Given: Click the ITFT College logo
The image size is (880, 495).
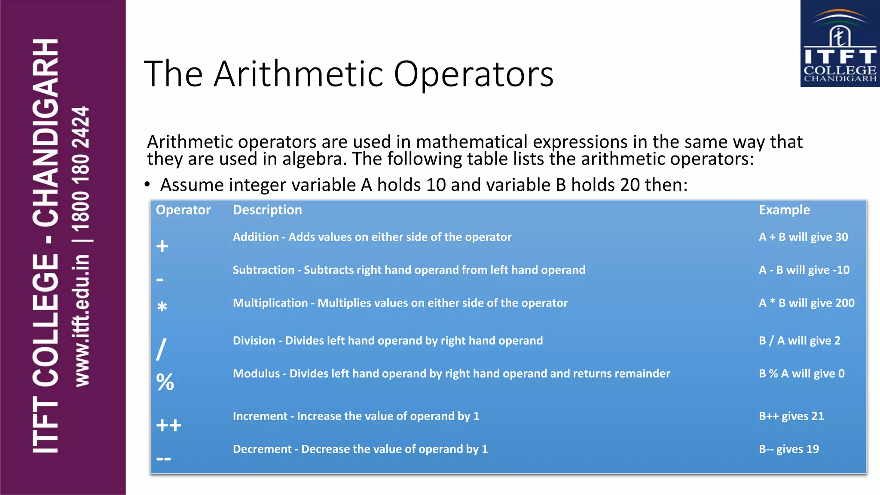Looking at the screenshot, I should click(840, 43).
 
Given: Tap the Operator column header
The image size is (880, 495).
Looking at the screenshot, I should click(183, 210).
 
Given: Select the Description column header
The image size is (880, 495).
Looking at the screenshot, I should click(267, 210).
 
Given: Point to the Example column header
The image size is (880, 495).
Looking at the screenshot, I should click(784, 210).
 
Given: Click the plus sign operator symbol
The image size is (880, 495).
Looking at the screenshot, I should click(162, 246).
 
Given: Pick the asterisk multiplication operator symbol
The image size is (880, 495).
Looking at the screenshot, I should click(162, 307).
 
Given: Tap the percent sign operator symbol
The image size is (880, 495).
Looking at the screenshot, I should click(165, 382).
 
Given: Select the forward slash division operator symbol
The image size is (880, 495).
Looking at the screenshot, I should click(161, 349).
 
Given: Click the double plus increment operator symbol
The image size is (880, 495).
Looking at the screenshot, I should click(168, 425).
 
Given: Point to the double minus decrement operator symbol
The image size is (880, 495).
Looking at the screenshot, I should click(164, 459).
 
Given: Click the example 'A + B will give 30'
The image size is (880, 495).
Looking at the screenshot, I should click(803, 237).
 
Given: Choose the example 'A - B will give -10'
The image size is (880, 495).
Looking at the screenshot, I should click(804, 270).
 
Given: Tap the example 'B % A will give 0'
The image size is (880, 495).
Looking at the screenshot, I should click(801, 373).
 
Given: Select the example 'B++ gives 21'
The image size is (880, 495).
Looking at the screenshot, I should click(791, 416).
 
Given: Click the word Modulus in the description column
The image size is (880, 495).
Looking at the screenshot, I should click(256, 373).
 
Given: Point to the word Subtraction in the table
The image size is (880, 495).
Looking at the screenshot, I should click(263, 270).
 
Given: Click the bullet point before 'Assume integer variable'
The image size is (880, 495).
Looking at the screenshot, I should click(147, 185).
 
